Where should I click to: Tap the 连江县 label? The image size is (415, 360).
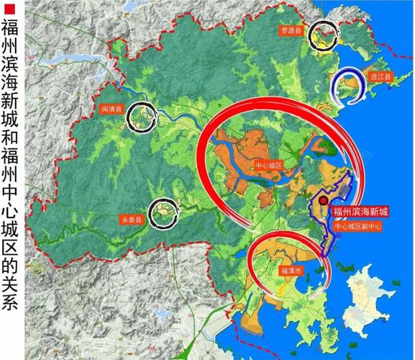pyautogui.click(x=380, y=76)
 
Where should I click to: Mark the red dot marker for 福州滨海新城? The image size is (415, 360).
pyautogui.click(x=324, y=201)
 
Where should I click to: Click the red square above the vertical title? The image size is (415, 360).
pyautogui.click(x=10, y=9)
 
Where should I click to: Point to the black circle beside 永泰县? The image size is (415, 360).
pyautogui.click(x=163, y=210)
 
